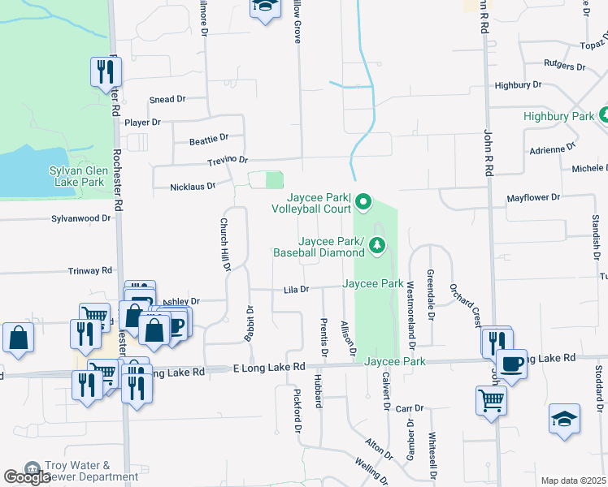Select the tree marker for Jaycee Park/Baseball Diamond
click(376, 244)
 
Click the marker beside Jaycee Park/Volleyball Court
click(363, 200)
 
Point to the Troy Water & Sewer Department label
click(80, 472)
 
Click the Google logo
click(27, 477)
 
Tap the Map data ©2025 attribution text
click(573, 481)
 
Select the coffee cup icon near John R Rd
click(511, 364)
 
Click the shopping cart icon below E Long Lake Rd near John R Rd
click(491, 399)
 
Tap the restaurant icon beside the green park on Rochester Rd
click(104, 72)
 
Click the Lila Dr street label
click(297, 289)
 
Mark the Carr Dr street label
click(410, 408)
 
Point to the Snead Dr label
click(167, 99)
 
